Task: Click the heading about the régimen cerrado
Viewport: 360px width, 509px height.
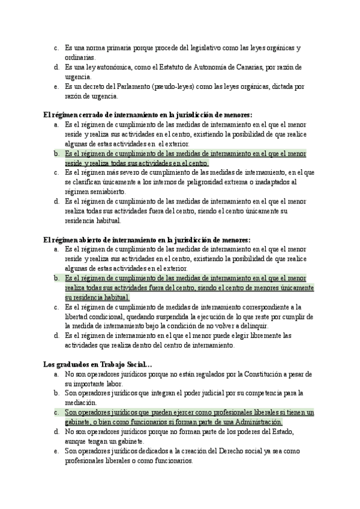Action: point(148,114)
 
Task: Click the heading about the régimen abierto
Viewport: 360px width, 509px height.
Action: point(147,239)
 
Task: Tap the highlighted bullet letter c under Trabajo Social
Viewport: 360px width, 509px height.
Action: point(55,412)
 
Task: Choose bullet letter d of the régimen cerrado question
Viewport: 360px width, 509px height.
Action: point(55,201)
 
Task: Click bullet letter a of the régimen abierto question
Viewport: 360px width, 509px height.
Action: point(55,248)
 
